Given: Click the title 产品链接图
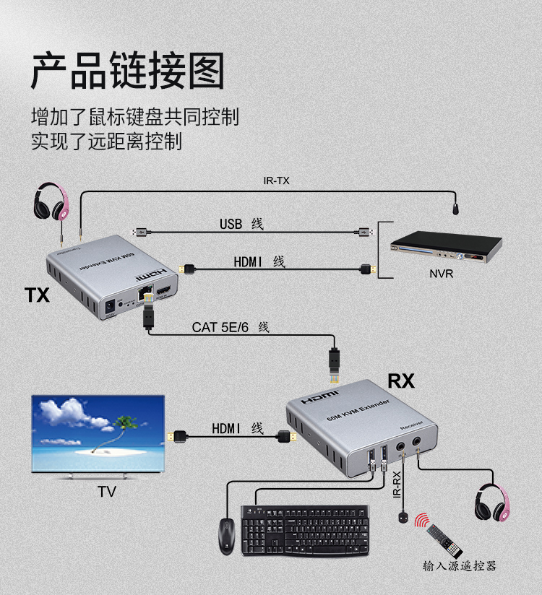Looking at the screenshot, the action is (x=127, y=70).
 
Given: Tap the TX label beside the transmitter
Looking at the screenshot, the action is (x=37, y=295).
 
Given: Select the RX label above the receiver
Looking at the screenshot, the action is (x=401, y=381).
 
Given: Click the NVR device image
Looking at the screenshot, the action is (x=445, y=250).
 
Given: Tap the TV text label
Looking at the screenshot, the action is (x=107, y=492).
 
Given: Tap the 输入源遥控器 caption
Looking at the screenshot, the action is (x=460, y=565).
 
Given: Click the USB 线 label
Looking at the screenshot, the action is (x=241, y=224).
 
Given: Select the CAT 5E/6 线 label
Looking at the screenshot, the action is (x=230, y=327).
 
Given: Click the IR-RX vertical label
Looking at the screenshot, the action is (x=396, y=483).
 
